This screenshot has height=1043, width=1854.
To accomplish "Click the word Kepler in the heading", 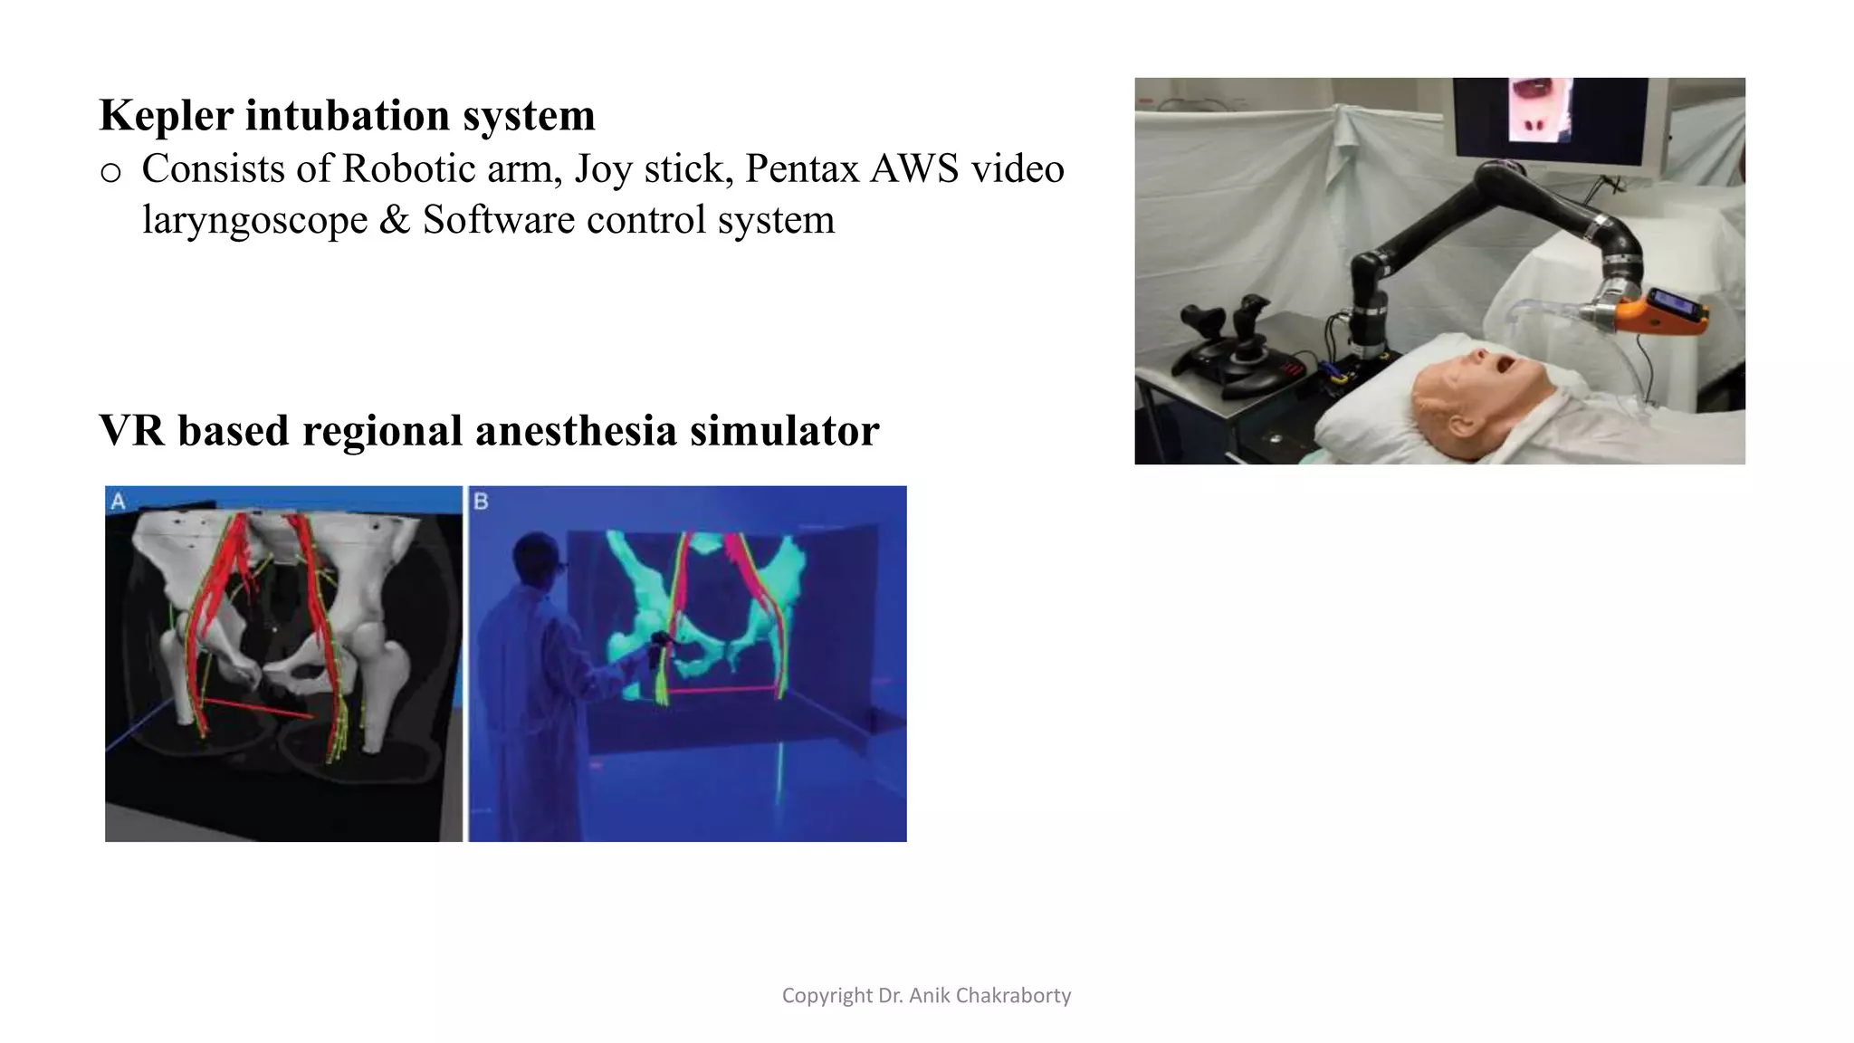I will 164,116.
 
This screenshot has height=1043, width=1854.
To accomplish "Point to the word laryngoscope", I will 254,220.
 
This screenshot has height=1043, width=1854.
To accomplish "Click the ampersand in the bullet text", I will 394,220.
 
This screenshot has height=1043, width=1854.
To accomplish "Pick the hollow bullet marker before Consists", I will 110,172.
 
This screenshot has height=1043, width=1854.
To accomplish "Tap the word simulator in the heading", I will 784,430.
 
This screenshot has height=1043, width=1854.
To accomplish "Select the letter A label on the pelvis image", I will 118,501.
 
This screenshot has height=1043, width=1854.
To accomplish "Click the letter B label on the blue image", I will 481,501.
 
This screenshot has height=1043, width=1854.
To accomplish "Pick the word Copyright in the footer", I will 827,996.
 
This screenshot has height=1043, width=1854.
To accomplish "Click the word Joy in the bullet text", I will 603,169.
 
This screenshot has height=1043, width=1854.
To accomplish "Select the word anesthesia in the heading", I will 577,430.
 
